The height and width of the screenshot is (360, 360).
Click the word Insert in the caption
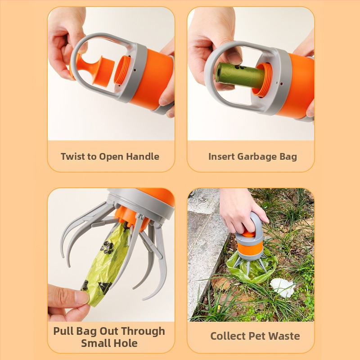(221, 157)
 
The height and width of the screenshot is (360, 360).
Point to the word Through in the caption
(143, 332)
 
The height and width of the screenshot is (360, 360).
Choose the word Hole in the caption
(126, 343)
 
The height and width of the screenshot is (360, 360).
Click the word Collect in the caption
(228, 336)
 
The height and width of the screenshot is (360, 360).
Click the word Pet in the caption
(257, 336)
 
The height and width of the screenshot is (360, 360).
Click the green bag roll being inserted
(240, 75)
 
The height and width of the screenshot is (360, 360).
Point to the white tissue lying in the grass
(283, 287)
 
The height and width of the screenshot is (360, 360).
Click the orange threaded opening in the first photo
(122, 70)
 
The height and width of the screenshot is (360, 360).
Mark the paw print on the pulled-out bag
(107, 247)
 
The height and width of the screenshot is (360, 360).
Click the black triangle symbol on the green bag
(105, 287)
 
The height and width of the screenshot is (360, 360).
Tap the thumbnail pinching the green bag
(81, 297)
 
